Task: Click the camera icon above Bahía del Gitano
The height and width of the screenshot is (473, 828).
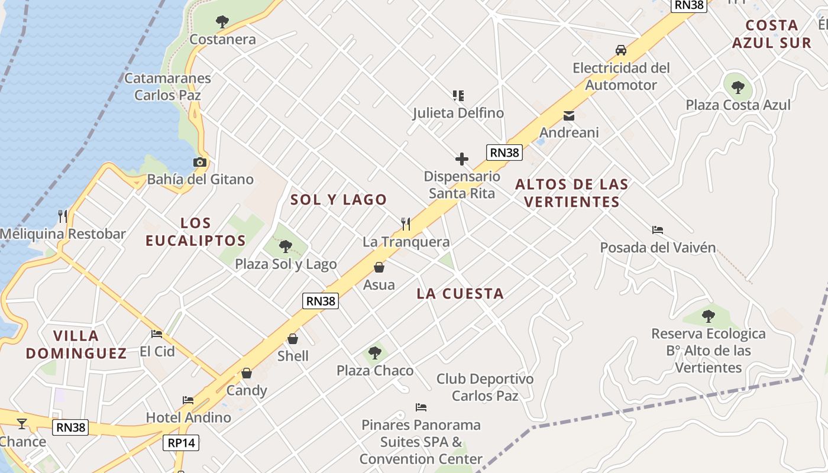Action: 200,162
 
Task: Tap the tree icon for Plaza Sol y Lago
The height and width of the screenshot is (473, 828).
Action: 286,246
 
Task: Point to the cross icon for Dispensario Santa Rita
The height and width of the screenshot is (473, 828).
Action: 462,159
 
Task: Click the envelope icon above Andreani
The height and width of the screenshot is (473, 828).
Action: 568,115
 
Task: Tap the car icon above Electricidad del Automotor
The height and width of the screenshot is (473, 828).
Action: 621,50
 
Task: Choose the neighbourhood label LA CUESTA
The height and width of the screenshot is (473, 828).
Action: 460,293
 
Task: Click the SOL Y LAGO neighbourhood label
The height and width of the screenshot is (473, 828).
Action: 338,200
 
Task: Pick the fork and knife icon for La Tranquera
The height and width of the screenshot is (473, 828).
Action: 406,224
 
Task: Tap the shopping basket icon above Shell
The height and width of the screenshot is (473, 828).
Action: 293,339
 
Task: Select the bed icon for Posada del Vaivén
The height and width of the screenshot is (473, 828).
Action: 658,229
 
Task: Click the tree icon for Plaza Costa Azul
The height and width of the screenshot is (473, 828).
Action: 738,88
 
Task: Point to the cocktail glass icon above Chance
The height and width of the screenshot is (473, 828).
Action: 22,423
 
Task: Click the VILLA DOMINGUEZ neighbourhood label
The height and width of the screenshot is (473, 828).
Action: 76,345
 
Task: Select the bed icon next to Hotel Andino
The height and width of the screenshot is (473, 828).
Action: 188,400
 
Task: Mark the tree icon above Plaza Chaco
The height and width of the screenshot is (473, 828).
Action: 374,353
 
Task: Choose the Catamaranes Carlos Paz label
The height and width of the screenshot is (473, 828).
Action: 167,86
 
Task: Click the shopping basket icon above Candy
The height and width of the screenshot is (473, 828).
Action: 247,373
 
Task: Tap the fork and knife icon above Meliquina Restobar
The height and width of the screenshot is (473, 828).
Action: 63,216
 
